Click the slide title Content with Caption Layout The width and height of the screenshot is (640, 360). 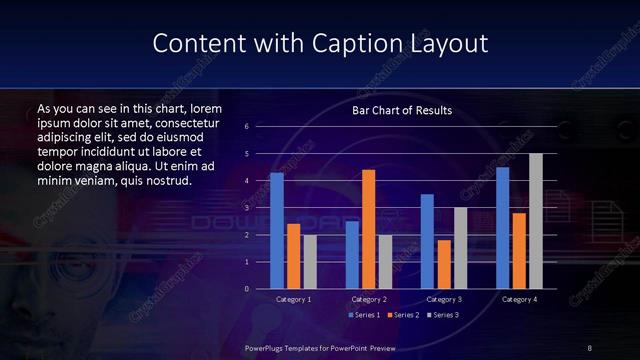[320, 44]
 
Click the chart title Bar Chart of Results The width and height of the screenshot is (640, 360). [402, 110]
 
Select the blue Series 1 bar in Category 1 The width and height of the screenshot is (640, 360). [277, 230]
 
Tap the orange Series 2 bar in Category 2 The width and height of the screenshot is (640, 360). [368, 229]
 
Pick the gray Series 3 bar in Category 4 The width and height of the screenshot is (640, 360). [536, 221]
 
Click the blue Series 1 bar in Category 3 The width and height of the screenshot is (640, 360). [427, 241]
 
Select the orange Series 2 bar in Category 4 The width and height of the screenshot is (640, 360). [519, 250]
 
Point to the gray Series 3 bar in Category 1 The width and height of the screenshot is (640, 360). [310, 261]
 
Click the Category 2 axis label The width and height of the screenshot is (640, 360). [369, 299]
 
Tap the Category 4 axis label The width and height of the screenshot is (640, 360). [519, 299]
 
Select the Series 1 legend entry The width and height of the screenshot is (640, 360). [364, 315]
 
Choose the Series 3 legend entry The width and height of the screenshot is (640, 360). [444, 315]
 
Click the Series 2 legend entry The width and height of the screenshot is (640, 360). [404, 315]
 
